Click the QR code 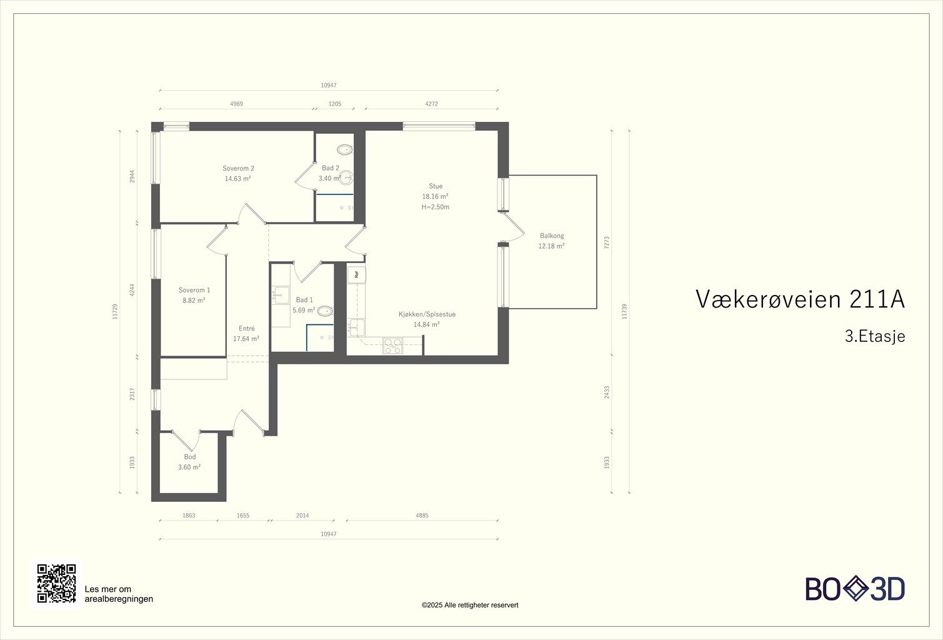tap(56, 583)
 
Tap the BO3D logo tap(855, 589)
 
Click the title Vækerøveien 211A tap(800, 299)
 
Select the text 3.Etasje tap(875, 336)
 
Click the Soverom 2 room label tap(238, 168)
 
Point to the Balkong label tap(552, 236)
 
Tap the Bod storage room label tap(190, 457)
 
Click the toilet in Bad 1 tap(325, 311)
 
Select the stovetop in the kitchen tap(392, 346)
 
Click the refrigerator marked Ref tap(356, 274)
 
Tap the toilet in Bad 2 tap(345, 149)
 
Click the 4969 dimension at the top tap(237, 104)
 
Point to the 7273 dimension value tap(607, 242)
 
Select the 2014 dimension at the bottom tap(302, 516)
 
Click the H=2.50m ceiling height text tap(436, 207)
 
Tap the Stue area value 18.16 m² tap(436, 197)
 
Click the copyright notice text tap(470, 605)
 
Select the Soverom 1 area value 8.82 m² tap(194, 301)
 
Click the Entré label tap(247, 328)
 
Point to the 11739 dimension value tap(624, 311)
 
